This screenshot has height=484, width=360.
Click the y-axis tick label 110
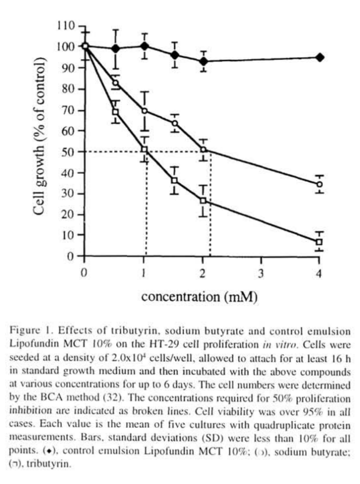pos(65,26)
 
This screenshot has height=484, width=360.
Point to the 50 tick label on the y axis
pos(67,152)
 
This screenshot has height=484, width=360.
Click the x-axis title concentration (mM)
pos(199,297)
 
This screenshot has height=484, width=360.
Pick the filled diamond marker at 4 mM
pos(320,58)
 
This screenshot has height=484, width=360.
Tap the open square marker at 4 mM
pos(319,242)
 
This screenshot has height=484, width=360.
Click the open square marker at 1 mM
pos(144,150)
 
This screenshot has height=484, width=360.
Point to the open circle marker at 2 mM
pos(202,149)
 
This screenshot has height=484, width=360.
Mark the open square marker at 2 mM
pos(202,201)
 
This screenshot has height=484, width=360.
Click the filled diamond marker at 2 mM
pos(202,61)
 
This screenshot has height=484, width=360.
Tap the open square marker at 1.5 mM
pos(173,181)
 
